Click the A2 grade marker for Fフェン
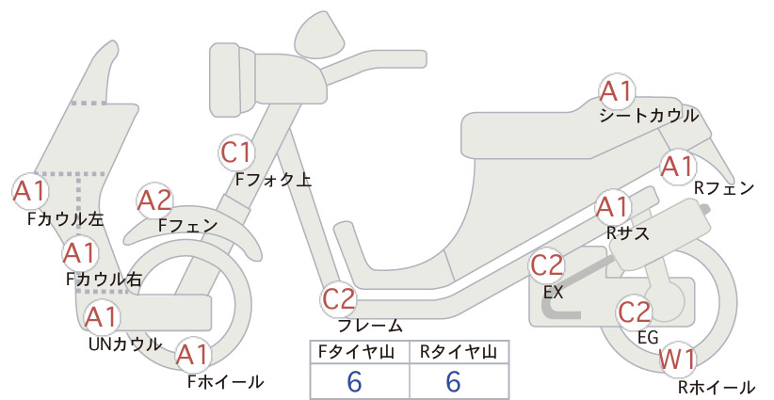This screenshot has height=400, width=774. [155, 201]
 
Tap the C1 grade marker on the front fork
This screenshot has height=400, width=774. [237, 152]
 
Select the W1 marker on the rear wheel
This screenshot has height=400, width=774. [678, 360]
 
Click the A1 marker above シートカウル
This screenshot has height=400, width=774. [617, 91]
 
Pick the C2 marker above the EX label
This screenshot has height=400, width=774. [547, 265]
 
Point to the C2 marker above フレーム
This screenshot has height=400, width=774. [339, 299]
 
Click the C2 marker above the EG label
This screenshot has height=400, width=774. [635, 312]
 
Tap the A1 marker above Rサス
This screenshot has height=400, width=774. [613, 208]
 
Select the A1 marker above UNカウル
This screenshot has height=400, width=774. [102, 317]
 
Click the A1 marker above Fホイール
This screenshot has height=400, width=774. [193, 355]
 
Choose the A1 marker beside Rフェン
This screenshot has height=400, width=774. [678, 168]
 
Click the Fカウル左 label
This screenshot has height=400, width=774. [65, 219]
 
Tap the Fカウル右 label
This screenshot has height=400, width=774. [105, 280]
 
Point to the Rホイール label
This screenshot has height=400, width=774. [717, 387]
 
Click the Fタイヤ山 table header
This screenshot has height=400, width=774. [356, 352]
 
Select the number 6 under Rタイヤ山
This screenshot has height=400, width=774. [454, 382]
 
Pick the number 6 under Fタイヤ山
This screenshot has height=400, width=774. [354, 382]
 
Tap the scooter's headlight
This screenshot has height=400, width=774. [233, 79]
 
